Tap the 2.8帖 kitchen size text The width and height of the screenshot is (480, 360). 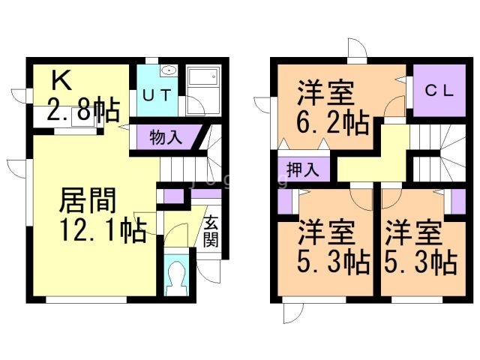[x=82, y=112]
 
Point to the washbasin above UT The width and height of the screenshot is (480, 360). [x=169, y=71]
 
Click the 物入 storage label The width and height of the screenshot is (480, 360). [x=165, y=138]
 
